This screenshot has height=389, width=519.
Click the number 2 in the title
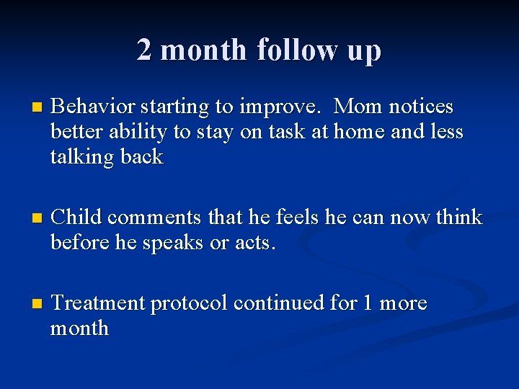coord(145,50)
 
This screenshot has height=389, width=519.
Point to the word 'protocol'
coord(187,304)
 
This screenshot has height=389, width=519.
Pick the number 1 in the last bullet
coord(368,303)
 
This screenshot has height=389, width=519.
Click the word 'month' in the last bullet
coord(79,328)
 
